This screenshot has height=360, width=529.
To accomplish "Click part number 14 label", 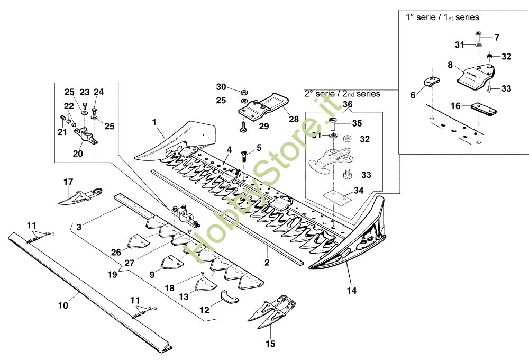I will point(352,290).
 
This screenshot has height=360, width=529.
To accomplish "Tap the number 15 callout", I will point(270,343).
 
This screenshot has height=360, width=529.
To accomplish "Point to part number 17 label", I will point(68,182).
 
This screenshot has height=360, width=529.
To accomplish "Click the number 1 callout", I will point(155,122).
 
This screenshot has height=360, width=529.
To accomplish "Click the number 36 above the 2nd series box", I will point(347,105).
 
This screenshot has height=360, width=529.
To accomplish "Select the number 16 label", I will point(455,106).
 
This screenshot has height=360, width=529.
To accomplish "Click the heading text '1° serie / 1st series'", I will point(442,17).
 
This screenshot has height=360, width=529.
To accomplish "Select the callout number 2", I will point(267,262).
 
